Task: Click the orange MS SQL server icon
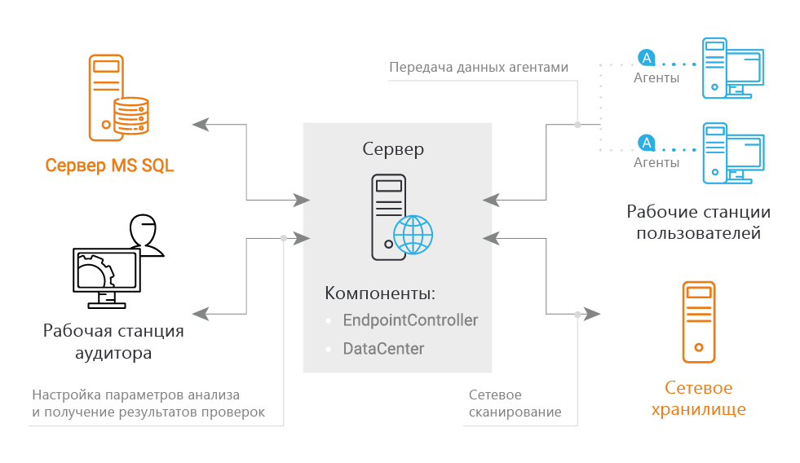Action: point(117,98)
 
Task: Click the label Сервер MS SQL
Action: point(109,166)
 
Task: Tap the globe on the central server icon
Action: point(413,235)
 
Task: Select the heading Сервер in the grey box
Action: point(394,150)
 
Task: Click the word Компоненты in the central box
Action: point(380,293)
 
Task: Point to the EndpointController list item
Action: point(410,320)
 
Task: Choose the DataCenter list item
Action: point(383,349)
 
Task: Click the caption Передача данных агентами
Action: point(478,67)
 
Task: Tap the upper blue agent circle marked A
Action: point(646,58)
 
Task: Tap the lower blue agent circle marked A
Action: point(646,143)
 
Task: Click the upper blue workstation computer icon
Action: point(731,68)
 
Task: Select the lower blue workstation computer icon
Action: point(731,153)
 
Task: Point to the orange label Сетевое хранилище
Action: point(698,399)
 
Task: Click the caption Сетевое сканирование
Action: point(515,403)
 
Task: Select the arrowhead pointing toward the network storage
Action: point(593,314)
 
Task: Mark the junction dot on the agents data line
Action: point(577,125)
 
